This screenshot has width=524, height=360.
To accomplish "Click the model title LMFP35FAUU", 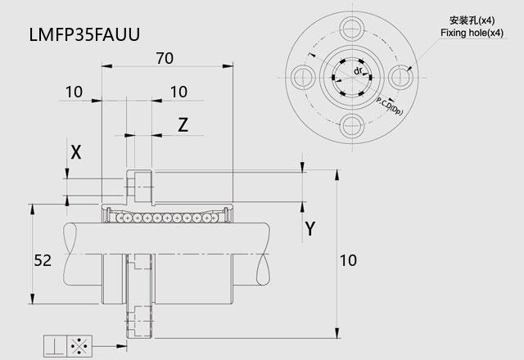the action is [84, 34].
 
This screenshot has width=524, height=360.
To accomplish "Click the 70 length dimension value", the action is [165, 58].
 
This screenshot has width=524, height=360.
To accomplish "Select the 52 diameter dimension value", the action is [43, 260].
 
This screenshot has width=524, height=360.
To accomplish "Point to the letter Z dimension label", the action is [183, 125].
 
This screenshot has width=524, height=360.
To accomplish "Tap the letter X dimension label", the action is [76, 152].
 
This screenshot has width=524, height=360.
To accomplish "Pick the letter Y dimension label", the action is [310, 229].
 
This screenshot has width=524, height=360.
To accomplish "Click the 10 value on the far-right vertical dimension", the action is [348, 260].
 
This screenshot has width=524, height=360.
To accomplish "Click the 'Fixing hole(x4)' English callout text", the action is [472, 33].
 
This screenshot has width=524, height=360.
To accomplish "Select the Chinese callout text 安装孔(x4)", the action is [472, 20].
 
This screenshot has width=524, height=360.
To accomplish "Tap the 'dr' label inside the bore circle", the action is [358, 71].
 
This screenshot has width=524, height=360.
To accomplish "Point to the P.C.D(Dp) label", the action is [390, 106].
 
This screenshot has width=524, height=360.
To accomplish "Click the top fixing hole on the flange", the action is [352, 29].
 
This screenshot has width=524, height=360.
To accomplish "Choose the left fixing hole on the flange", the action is [304, 77].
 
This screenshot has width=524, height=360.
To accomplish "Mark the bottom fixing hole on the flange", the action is [352, 126].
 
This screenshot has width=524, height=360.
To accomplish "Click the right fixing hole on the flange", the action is [400, 77].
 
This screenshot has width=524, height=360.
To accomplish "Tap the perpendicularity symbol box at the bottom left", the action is [56, 346].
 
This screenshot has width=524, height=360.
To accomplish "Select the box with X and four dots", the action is [79, 346].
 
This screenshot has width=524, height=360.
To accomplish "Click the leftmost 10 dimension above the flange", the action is [74, 92].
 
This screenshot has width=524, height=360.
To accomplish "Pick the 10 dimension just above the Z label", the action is [178, 92].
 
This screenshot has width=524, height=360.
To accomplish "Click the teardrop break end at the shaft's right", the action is [263, 269].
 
